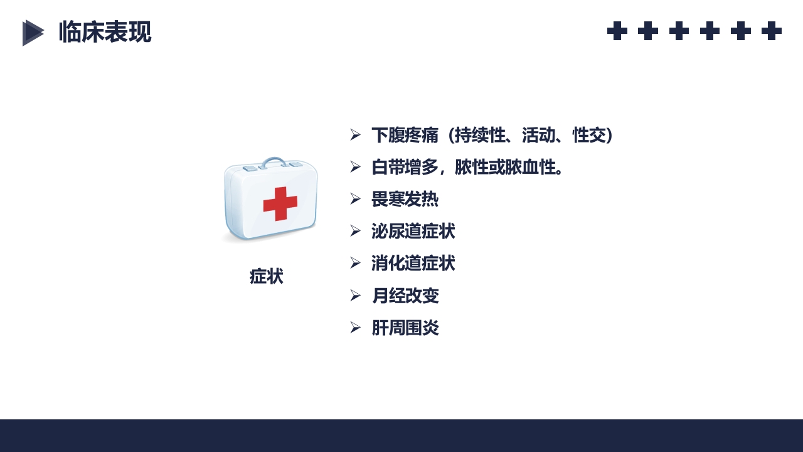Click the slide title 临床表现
[105, 32]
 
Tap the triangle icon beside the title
[33, 33]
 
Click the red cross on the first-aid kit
[280, 203]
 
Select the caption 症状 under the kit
[267, 276]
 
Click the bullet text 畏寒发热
[405, 200]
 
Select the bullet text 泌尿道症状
[413, 231]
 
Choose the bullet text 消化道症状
[413, 263]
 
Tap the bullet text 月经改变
[405, 296]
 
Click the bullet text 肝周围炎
[405, 328]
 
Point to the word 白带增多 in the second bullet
[405, 167]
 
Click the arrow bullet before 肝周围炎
[355, 328]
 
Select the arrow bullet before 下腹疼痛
[355, 135]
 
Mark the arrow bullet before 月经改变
[355, 296]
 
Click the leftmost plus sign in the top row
[617, 31]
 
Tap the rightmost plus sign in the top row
[772, 31]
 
